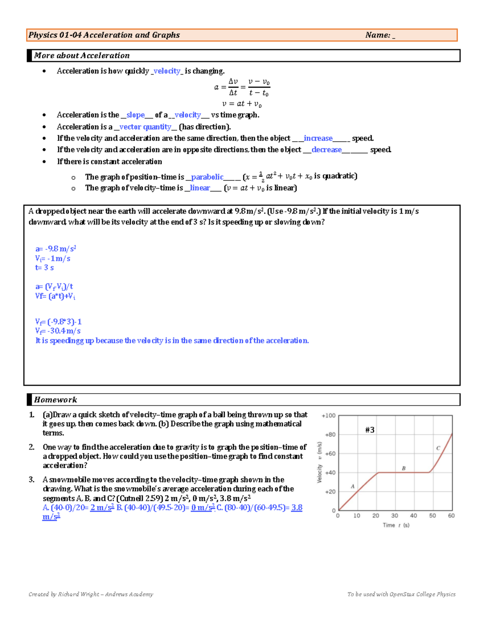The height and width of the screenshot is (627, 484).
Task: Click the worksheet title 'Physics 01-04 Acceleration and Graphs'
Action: (x=104, y=35)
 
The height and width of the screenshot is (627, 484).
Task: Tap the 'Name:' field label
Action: (x=378, y=35)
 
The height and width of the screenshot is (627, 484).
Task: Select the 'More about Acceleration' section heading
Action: (x=82, y=56)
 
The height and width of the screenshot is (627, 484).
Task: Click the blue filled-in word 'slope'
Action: (x=136, y=115)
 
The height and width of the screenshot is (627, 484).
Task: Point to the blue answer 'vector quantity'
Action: (x=145, y=127)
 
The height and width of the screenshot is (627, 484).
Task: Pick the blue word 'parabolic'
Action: (x=207, y=177)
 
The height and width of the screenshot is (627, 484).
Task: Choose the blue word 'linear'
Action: (x=200, y=188)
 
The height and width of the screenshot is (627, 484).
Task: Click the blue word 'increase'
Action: (x=318, y=138)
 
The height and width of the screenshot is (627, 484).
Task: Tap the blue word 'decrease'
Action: (x=326, y=150)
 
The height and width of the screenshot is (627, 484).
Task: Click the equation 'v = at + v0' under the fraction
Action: (x=242, y=104)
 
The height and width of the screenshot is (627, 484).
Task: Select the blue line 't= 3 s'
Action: (x=44, y=268)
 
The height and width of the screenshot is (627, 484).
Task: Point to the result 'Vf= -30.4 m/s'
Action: (x=58, y=331)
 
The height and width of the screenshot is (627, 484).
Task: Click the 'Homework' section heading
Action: (x=55, y=400)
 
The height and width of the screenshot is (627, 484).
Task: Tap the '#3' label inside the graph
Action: (x=369, y=430)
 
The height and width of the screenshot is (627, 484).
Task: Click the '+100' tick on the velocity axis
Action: (x=328, y=415)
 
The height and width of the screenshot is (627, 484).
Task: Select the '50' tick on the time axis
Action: (x=432, y=516)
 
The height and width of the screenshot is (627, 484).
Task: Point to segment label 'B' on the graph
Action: (x=403, y=468)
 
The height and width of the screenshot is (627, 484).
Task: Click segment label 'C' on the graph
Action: (x=438, y=448)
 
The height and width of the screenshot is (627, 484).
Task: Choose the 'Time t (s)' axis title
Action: (x=396, y=525)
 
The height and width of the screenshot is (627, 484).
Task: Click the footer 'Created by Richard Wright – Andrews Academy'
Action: (x=91, y=594)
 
